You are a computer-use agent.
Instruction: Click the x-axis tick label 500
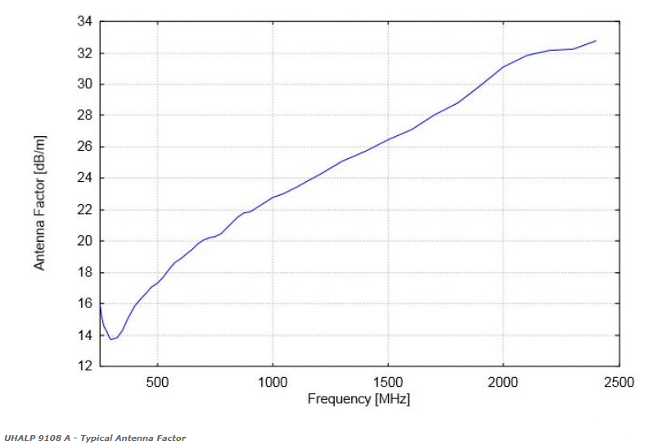[x=157, y=382]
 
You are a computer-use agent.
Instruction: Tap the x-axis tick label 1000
[x=273, y=382]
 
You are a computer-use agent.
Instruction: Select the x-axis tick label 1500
[x=388, y=382]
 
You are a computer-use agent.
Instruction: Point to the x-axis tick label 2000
[x=503, y=382]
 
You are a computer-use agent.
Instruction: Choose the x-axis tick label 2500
[x=619, y=382]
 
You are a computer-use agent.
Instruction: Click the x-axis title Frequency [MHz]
[x=358, y=399]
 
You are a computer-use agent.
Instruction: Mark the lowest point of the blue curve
[x=111, y=338]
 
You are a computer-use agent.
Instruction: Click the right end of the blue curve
[x=596, y=40]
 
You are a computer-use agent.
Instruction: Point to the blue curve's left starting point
[x=100, y=304]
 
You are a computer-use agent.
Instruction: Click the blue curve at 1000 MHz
[x=273, y=198]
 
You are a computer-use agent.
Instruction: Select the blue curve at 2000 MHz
[x=503, y=67]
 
